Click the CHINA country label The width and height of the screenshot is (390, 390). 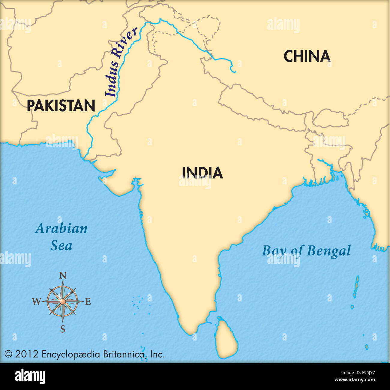[307, 56]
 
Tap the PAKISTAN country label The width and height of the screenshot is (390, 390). [61, 106]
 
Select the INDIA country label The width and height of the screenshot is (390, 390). [202, 173]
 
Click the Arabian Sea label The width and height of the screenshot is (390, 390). [61, 237]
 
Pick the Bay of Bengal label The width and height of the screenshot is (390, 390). [306, 251]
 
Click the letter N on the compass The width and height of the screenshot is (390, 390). [62, 276]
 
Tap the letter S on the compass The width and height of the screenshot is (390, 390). [62, 329]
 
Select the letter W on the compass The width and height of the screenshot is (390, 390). [36, 301]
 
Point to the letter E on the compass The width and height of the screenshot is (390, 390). [88, 301]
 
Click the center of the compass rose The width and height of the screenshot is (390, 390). [62, 301]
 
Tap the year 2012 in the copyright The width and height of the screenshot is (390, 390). [27, 354]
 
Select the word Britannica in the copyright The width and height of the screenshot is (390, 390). [124, 354]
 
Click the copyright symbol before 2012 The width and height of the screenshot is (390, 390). [8, 355]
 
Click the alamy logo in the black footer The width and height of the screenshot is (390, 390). [30, 376]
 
